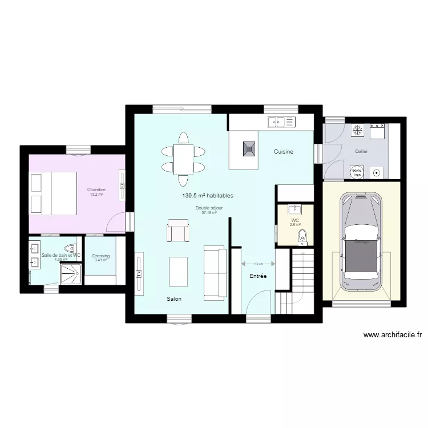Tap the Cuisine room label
[284, 151]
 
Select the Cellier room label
[361, 151]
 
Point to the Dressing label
[101, 256]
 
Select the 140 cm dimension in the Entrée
[258, 264]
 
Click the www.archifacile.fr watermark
[393, 336]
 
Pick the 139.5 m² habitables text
[208, 195]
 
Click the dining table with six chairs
[183, 159]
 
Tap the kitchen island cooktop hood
[248, 148]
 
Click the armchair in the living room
[177, 231]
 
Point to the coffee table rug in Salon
[179, 272]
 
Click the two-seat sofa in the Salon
[215, 272]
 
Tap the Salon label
[174, 299]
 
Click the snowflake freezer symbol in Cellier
[358, 131]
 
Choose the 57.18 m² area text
[209, 213]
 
